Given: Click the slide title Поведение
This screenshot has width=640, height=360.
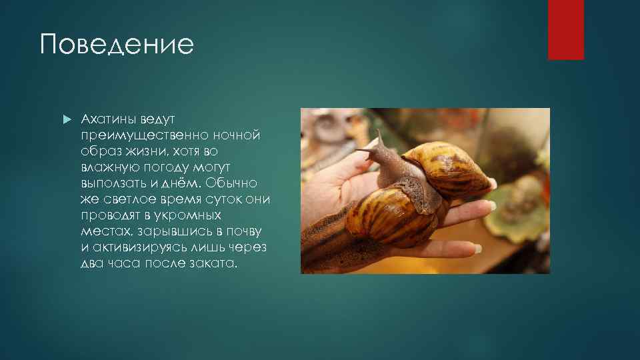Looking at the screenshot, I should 117,45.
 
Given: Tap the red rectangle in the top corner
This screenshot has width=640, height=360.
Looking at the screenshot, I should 565,29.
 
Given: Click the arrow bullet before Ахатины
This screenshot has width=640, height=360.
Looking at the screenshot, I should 65,119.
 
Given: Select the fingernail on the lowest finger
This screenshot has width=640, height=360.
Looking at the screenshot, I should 477,249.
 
